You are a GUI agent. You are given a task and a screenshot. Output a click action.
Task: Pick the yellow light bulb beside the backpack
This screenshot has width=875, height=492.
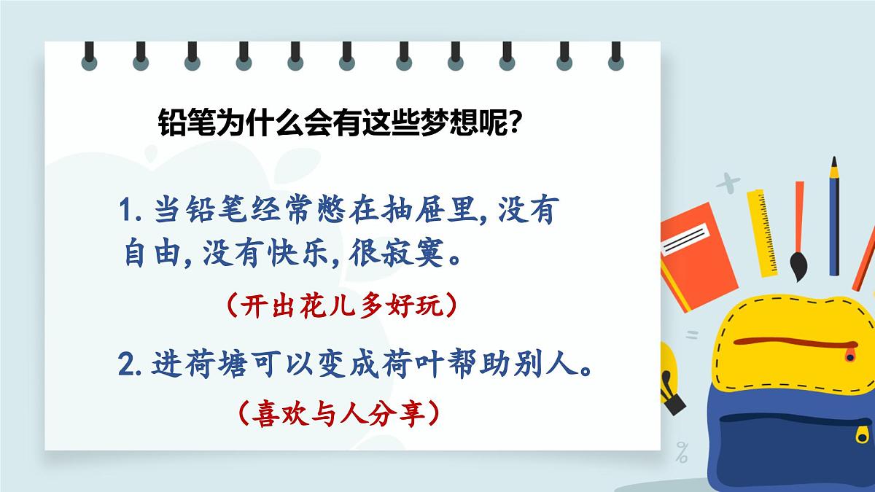point(669,375)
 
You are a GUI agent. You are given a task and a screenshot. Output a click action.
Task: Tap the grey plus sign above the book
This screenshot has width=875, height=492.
point(727,182)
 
